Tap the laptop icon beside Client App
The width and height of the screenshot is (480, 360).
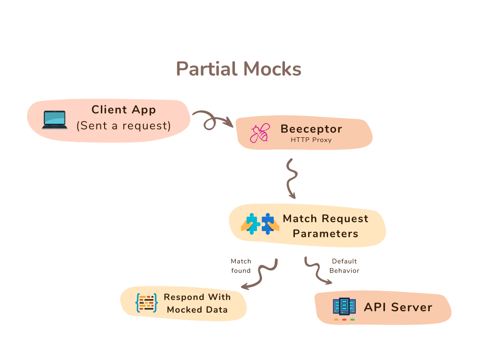tap(54, 120)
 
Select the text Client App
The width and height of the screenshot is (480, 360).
tap(123, 110)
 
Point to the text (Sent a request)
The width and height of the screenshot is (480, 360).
tap(123, 126)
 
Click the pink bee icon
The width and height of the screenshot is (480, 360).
tap(259, 133)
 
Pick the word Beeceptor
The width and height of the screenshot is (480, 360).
tap(311, 128)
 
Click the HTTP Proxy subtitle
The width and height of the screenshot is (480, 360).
tap(311, 140)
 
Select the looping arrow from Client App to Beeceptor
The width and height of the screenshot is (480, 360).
tap(210, 121)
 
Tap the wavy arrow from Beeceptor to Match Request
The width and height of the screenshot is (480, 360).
tap(292, 178)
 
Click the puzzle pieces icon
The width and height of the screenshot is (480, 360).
tap(260, 224)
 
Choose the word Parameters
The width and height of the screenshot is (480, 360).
tap(325, 233)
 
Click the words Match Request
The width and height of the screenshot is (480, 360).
tap(325, 218)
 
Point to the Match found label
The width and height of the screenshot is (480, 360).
tap(241, 266)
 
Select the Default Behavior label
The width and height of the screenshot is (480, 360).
tap(345, 266)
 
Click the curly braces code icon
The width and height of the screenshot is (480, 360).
tap(146, 303)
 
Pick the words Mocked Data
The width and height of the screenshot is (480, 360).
tap(197, 309)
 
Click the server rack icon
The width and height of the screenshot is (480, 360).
tap(344, 308)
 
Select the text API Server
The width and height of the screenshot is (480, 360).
tap(398, 307)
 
